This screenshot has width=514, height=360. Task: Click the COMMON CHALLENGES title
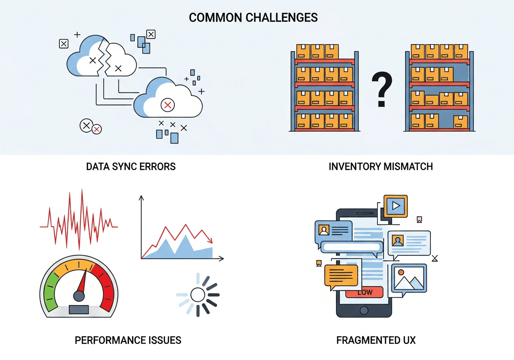click(253, 18)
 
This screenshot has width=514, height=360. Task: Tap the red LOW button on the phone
click(364, 292)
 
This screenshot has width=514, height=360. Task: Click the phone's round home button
click(364, 310)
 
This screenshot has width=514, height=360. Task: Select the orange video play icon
click(396, 206)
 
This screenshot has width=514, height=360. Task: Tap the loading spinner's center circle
click(198, 295)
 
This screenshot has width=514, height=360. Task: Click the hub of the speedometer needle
click(79, 296)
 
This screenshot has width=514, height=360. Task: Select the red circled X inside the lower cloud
click(167, 105)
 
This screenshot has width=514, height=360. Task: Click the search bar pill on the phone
click(352, 247)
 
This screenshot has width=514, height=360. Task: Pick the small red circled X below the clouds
click(96, 129)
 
